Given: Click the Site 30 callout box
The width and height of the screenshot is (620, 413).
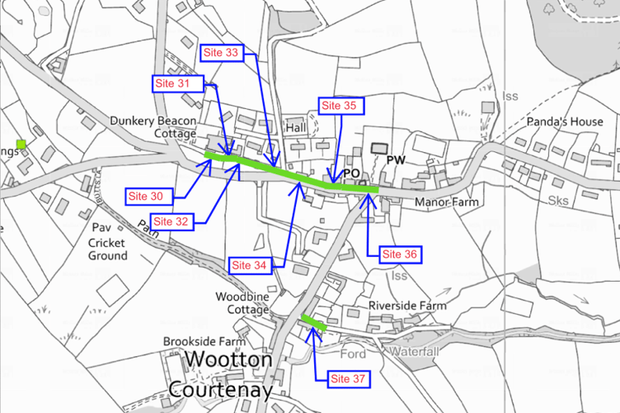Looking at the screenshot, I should point(149,196).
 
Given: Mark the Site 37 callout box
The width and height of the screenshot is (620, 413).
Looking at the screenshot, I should point(349,379).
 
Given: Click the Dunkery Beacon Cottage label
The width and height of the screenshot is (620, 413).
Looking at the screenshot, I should point(153,127).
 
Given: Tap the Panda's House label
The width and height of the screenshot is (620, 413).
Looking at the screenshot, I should point(565,122).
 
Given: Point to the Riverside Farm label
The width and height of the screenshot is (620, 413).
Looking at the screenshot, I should point(407,306).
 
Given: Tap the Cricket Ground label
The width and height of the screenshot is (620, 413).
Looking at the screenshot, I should point(108,249).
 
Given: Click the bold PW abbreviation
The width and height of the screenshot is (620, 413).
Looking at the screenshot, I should point(396,159).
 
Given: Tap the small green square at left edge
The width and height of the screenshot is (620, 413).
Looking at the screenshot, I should point(21,145).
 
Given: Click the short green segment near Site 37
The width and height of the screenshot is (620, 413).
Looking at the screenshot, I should point(312,323).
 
